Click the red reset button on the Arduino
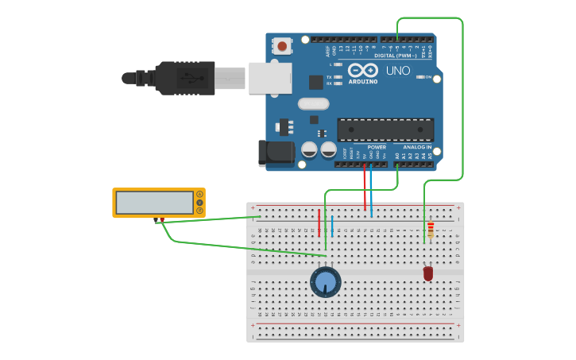pyautogui.click(x=282, y=46)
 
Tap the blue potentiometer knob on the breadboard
pyautogui.click(x=325, y=282)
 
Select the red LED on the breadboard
pyautogui.click(x=428, y=273)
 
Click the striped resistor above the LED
pyautogui.click(x=431, y=230)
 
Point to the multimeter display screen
pyautogui.click(x=154, y=203)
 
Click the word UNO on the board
pyautogui.click(x=398, y=71)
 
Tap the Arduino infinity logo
pyautogui.click(x=362, y=70)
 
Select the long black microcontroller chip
pyautogui.click(x=385, y=130)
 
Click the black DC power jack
pyautogui.click(x=273, y=153)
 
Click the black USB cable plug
pyautogui.click(x=185, y=78)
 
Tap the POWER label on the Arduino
pyautogui.click(x=377, y=147)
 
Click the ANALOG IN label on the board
pyautogui.click(x=417, y=147)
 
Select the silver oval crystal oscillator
pyautogui.click(x=313, y=103)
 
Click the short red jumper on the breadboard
pyautogui.click(x=319, y=223)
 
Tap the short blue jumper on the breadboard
pyautogui.click(x=332, y=226)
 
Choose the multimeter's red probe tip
pyautogui.click(x=162, y=220)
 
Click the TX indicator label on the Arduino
pyautogui.click(x=329, y=77)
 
